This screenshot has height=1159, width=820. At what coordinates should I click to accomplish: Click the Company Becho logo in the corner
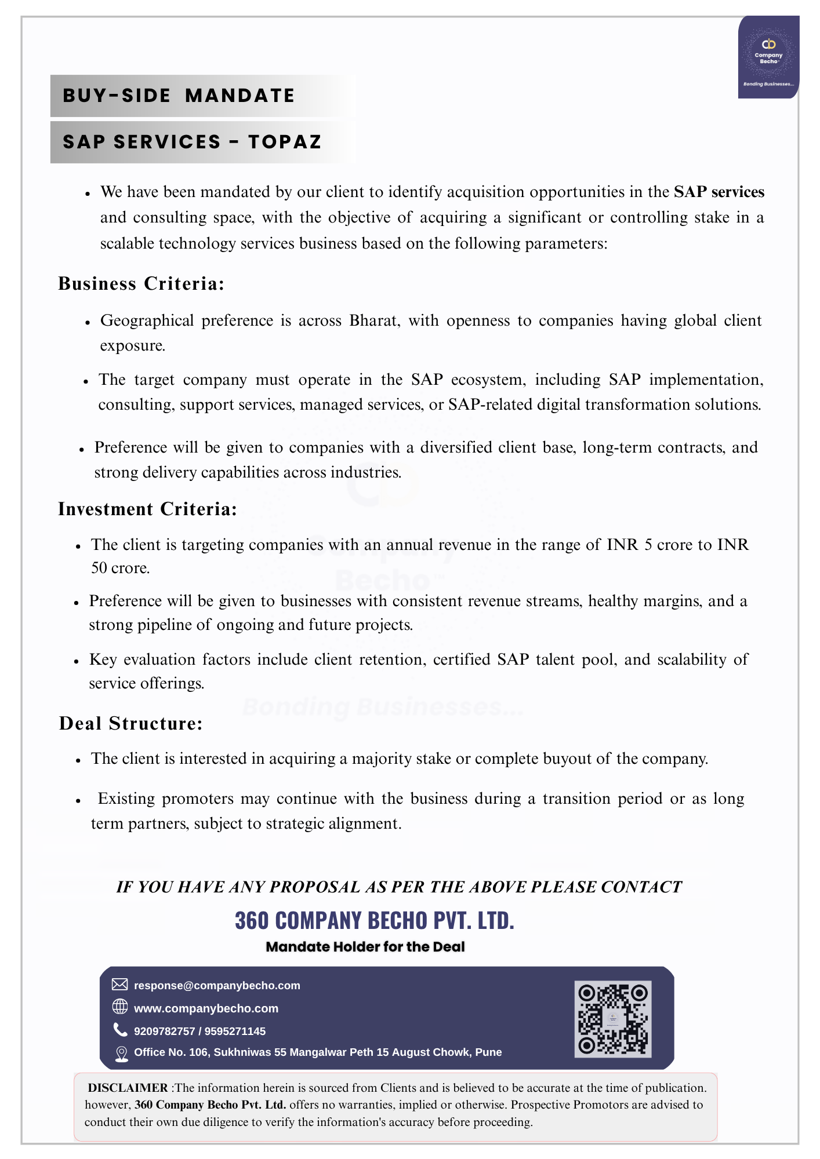pos(768,57)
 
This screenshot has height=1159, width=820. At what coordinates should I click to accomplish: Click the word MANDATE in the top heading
pos(240,96)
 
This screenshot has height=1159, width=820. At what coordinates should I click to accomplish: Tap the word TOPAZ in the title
pos(285,142)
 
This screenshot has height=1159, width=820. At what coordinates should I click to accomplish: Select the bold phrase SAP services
pos(719,192)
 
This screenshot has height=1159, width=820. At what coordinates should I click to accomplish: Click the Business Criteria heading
pos(141,283)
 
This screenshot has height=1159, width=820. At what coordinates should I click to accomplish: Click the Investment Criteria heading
pos(147,509)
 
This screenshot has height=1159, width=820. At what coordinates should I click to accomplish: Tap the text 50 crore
pos(120,568)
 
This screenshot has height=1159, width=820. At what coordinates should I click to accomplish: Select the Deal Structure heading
pos(130,723)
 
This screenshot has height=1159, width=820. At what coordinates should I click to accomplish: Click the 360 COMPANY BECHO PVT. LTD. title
pos(374,920)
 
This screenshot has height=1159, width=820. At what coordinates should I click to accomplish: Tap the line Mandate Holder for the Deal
pos(365,947)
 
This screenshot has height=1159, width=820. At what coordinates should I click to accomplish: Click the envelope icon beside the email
pos(119,985)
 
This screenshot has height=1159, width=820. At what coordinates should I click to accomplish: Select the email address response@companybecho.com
pos(217,986)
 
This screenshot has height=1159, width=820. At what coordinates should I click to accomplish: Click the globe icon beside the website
pos(119,1007)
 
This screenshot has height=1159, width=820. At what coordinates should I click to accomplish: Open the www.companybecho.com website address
pos(206,1008)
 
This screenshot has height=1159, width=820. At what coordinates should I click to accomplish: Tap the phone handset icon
pos(120,1030)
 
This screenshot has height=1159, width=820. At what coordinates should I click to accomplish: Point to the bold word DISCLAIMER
pos(128,1088)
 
